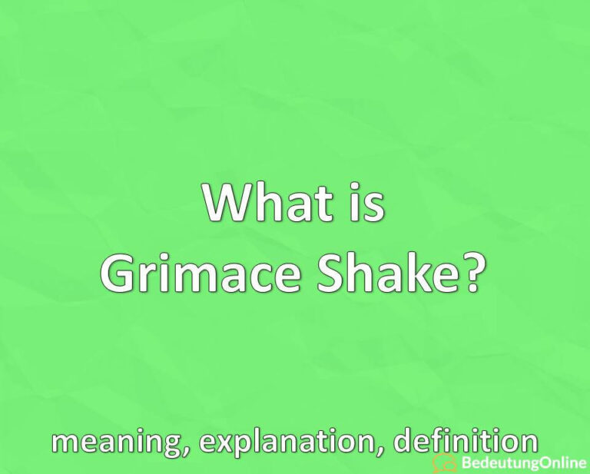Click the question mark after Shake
pos(472,273)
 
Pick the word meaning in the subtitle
pos(109,443)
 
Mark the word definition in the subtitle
pos(466,443)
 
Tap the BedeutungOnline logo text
pos(522,462)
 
